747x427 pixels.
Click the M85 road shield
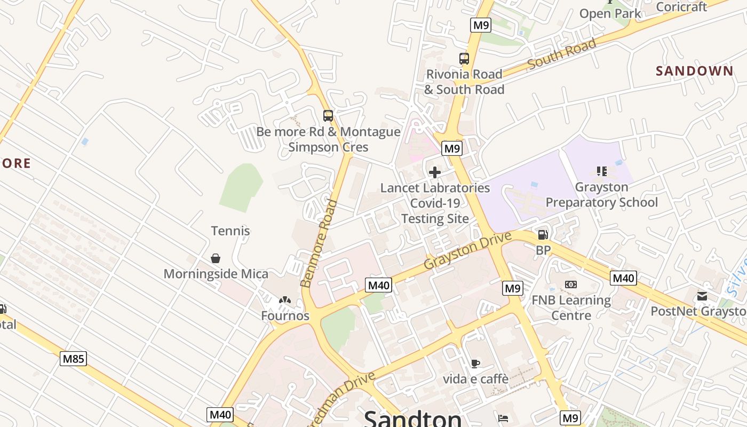[x=73, y=359]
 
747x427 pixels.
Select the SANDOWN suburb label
[x=694, y=71]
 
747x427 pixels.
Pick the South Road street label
[x=561, y=54]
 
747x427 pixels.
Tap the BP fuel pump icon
[x=543, y=235]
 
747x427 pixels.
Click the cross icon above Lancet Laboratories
[x=435, y=172]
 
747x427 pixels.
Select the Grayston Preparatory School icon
[x=602, y=171]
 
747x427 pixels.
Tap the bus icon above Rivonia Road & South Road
[x=464, y=59]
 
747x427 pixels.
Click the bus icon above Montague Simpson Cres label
[x=328, y=116]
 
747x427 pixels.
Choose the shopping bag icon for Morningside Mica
[x=216, y=258]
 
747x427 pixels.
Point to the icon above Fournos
[x=285, y=301]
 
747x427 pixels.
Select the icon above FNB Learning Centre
[x=571, y=284]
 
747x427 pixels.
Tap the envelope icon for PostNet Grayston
[x=702, y=296]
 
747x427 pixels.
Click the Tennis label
[x=231, y=231]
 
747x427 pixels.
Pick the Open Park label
[x=610, y=13]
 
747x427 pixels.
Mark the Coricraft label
[x=681, y=7]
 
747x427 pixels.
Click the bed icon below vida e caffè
[x=503, y=418]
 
